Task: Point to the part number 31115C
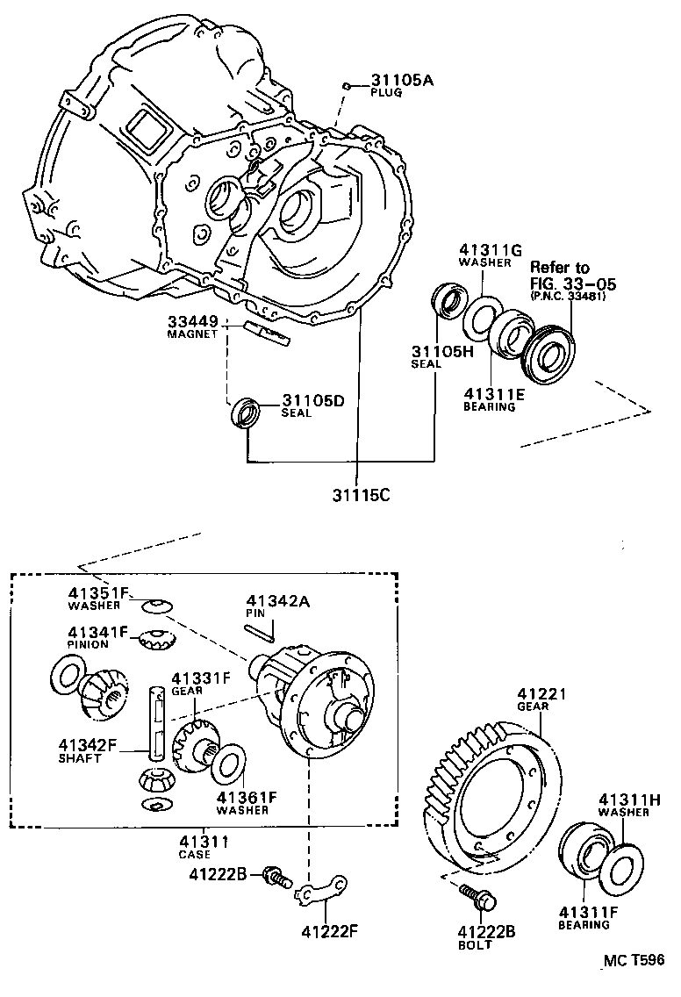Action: click(x=360, y=494)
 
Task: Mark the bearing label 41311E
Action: click(x=494, y=395)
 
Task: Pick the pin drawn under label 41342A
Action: click(x=260, y=628)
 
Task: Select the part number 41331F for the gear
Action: click(x=200, y=678)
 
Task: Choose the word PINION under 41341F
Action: click(x=88, y=643)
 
